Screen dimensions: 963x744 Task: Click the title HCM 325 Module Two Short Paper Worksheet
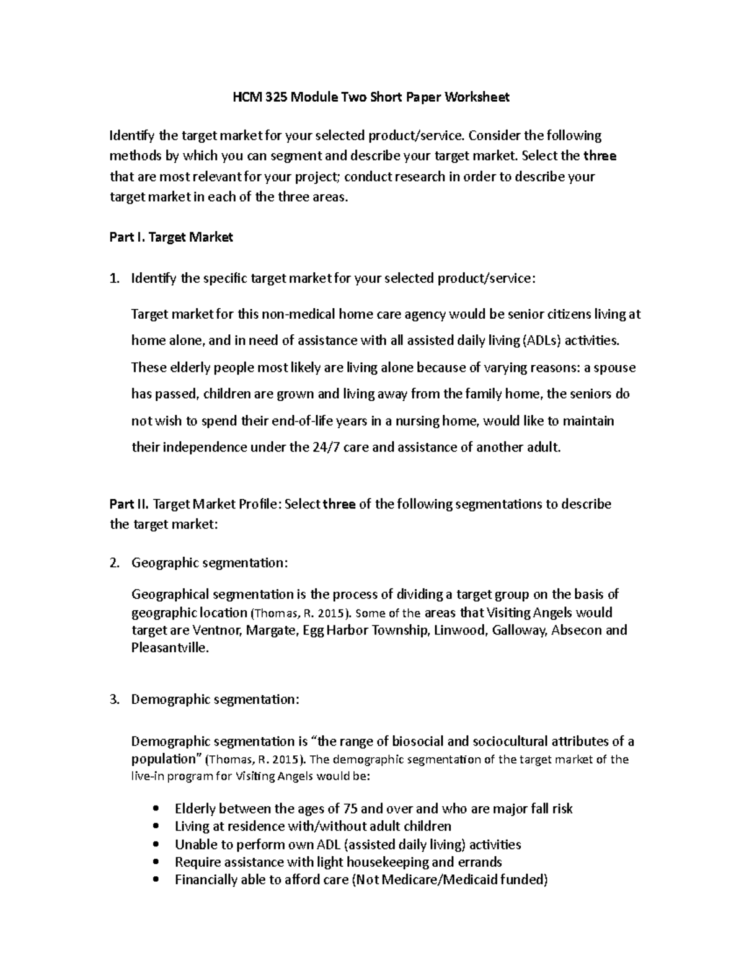point(371,97)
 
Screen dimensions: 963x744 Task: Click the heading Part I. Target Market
point(170,237)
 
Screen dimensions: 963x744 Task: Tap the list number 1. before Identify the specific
point(113,278)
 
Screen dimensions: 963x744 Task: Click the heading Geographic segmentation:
point(210,563)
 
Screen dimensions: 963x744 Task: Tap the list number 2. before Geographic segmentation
point(113,563)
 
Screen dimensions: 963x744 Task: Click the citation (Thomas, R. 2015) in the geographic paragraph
point(300,613)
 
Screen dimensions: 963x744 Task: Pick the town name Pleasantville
point(170,649)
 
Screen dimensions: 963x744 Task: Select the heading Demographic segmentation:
point(215,699)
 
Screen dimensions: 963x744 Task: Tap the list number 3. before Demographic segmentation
point(113,699)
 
